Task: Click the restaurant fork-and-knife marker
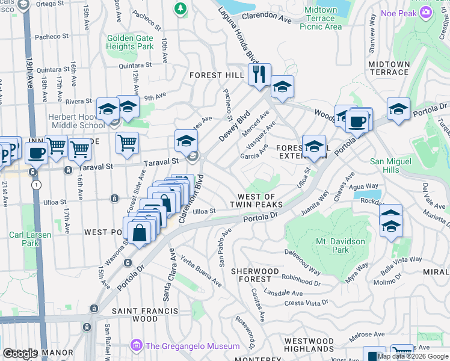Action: (259, 75)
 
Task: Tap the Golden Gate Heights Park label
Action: (130, 42)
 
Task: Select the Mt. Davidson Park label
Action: (332, 245)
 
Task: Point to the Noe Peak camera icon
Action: (426, 12)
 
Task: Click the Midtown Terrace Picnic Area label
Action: (321, 18)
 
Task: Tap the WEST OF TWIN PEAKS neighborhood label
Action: (256, 200)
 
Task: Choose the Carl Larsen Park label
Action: (23, 239)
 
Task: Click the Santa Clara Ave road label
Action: (167, 277)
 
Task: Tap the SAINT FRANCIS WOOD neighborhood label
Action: (145, 315)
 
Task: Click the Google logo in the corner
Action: (20, 354)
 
